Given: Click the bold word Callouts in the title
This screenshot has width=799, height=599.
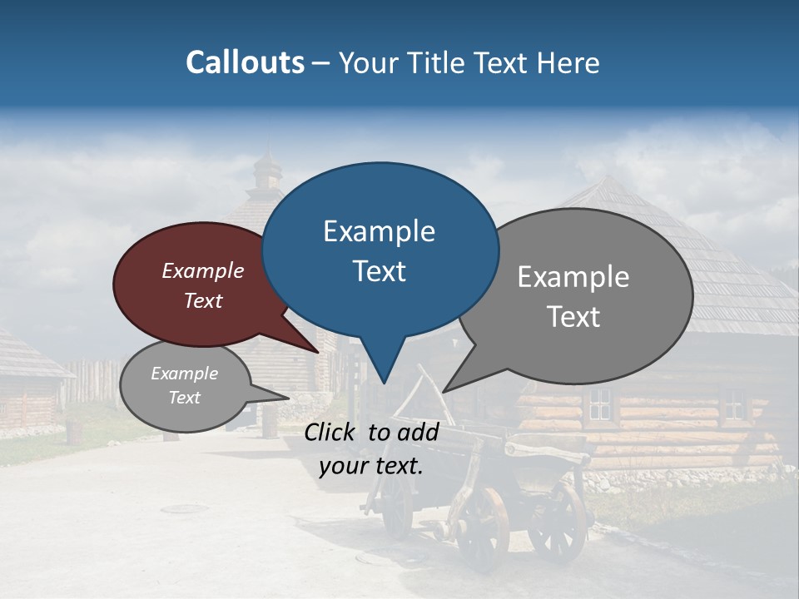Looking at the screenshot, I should coord(245,62).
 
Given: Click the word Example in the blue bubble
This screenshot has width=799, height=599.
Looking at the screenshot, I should coord(379,231).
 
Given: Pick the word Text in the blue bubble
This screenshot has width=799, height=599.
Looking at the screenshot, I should coord(379,271).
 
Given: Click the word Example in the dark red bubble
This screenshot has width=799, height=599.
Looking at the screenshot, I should coord(202,270).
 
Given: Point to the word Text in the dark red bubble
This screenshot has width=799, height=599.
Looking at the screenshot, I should coord(202,300).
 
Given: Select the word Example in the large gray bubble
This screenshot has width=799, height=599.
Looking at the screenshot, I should coord(573,276).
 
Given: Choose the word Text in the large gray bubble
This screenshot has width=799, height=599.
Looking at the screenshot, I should coord(573,317).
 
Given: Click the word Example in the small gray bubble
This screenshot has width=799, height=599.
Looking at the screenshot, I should coord(184,374).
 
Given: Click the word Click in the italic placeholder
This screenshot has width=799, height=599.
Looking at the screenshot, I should coord(332,432).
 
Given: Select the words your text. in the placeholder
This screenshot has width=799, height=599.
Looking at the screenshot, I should coord(371,467).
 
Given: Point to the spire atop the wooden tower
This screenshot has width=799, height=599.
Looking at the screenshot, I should coord(267,163).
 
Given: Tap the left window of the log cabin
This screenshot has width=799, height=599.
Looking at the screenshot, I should coord(599,404).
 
